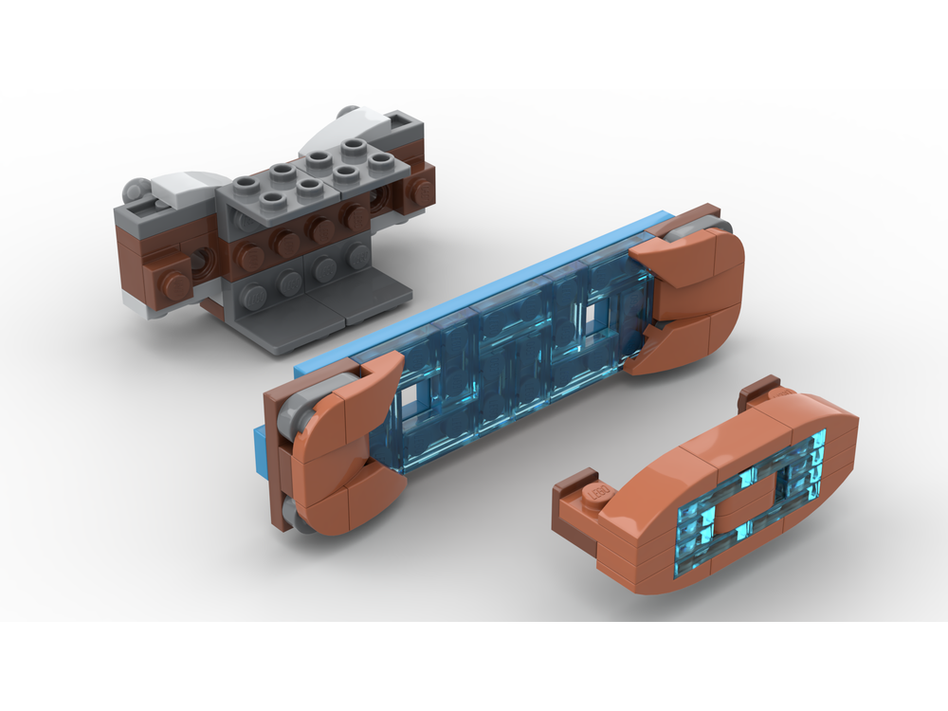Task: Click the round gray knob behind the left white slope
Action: [136, 186]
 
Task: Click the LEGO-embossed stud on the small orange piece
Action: [596, 494]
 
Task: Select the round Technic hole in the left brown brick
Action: [202, 263]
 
